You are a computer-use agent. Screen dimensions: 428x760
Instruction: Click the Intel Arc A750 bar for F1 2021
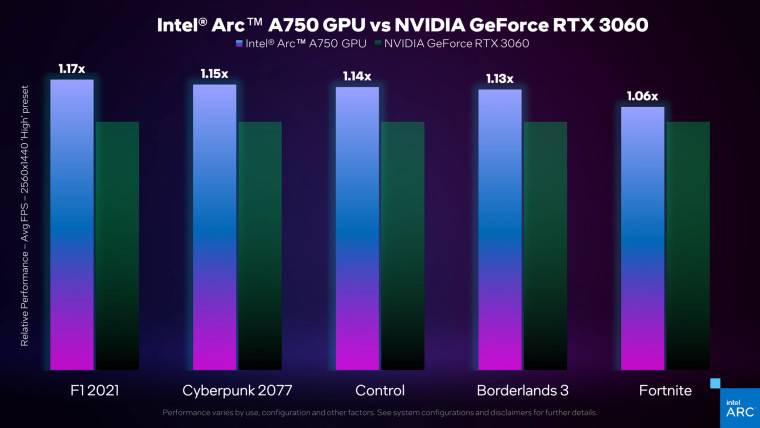point(72,224)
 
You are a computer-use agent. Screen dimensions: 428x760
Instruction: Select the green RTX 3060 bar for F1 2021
point(117,245)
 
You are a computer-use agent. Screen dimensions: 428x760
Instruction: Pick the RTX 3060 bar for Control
point(402,245)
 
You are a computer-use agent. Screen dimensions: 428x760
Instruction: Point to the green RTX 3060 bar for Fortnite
point(688,245)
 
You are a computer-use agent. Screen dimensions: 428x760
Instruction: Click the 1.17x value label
point(73,69)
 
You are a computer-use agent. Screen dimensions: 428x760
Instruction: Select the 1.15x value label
point(214,74)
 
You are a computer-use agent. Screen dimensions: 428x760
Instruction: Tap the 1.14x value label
point(357,76)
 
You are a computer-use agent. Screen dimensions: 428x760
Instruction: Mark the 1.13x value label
point(499,79)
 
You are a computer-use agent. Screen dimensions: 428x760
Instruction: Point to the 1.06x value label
point(642,96)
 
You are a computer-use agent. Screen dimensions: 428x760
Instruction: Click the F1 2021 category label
point(94,389)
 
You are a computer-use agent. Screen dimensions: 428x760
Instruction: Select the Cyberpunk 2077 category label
point(236,389)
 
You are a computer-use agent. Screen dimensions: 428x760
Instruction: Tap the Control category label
point(379,389)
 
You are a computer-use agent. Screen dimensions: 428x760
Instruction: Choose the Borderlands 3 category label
point(522,389)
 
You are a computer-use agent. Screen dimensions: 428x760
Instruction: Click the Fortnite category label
point(664,389)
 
